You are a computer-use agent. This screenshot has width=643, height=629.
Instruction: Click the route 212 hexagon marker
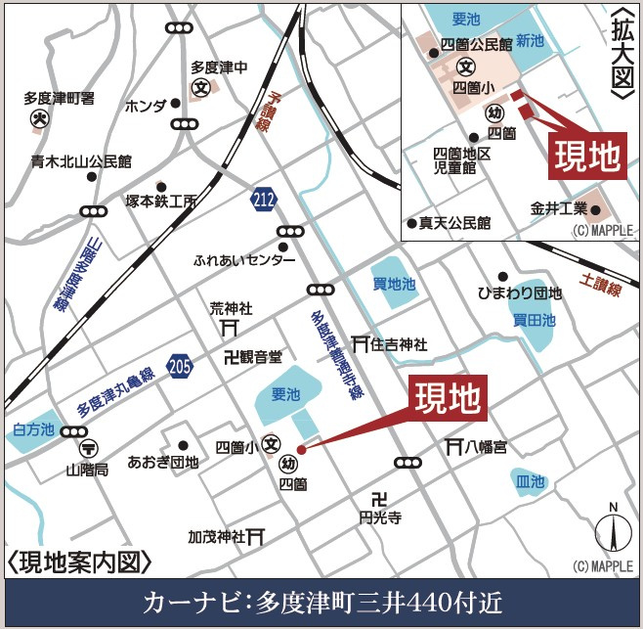[262, 198]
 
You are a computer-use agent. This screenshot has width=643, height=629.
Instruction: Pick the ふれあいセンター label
[244, 261]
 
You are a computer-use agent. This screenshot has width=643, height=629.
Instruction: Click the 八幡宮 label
[486, 447]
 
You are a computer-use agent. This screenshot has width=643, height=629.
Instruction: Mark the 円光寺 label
[380, 517]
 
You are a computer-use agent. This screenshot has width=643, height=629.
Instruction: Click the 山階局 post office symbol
[88, 448]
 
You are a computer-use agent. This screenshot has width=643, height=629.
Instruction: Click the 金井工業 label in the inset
[559, 208]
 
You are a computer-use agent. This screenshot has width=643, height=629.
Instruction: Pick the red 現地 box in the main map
[447, 398]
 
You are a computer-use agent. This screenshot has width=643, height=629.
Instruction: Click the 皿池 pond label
[530, 482]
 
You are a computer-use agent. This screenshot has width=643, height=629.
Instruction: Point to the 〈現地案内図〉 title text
[80, 562]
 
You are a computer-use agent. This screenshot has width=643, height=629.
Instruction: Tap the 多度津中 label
[220, 67]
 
